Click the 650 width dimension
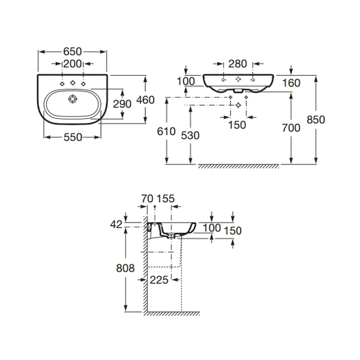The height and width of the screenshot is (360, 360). point(73,52)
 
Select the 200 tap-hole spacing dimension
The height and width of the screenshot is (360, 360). point(73,64)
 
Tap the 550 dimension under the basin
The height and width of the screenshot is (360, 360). point(73,137)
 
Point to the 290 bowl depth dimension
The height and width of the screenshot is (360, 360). point(122,104)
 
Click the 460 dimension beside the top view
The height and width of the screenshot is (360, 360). point(145,100)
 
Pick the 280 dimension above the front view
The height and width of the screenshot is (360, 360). point(238,64)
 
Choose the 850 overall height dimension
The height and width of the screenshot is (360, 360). point(316,119)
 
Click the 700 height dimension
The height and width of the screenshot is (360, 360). point(291,128)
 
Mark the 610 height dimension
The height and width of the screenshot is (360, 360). point(166,131)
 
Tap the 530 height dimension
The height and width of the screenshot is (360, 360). point(190,136)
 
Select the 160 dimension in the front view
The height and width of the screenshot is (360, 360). point(291,83)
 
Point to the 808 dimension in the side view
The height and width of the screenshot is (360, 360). point(125,268)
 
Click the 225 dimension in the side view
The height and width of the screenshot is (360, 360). point(159,280)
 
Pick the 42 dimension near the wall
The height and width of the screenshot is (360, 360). point(116,224)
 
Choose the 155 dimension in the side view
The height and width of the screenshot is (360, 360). point(166,199)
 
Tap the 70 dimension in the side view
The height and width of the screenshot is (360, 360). point(147,199)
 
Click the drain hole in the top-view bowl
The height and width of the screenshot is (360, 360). point(73,99)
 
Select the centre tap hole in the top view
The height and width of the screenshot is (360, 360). point(73,82)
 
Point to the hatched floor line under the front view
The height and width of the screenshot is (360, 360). point(239,166)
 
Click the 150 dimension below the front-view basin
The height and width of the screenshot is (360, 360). point(237,125)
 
